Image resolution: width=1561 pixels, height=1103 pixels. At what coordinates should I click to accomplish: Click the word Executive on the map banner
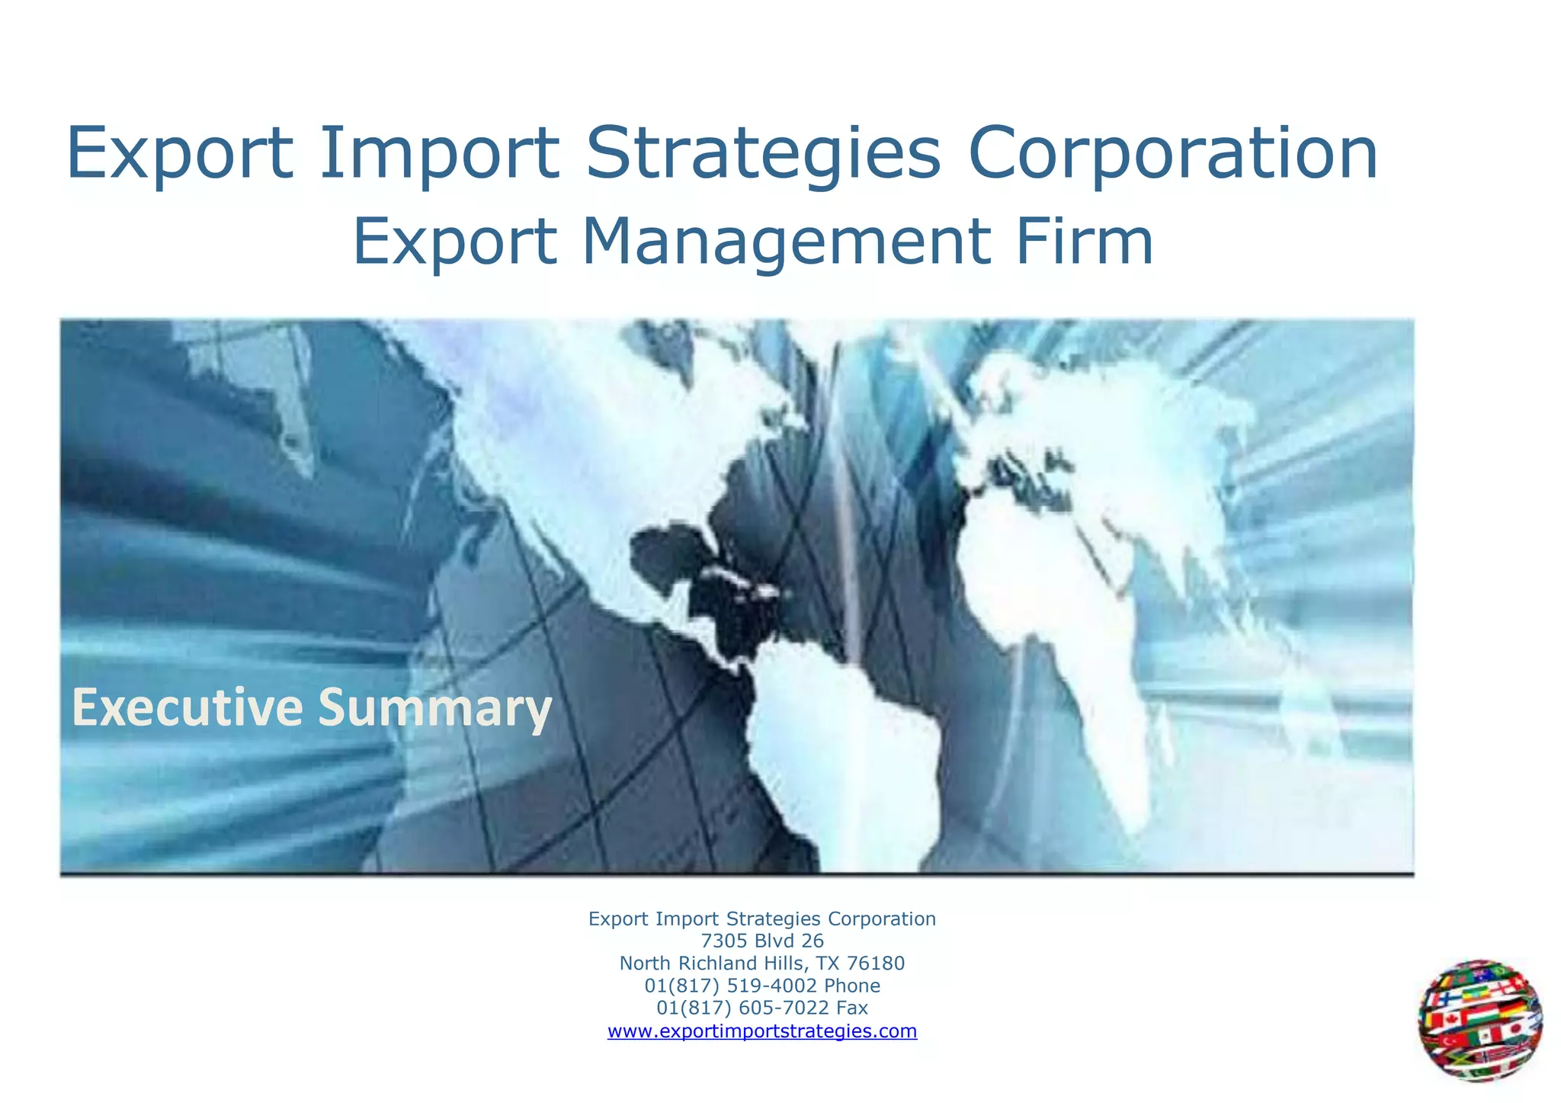click(187, 707)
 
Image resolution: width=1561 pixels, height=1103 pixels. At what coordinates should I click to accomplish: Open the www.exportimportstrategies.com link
click(762, 1031)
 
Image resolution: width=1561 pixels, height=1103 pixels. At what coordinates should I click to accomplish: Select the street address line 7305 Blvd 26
click(762, 941)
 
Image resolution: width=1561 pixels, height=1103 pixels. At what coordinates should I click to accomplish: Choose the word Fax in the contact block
click(851, 1008)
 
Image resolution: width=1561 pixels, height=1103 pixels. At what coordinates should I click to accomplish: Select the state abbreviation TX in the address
click(827, 964)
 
